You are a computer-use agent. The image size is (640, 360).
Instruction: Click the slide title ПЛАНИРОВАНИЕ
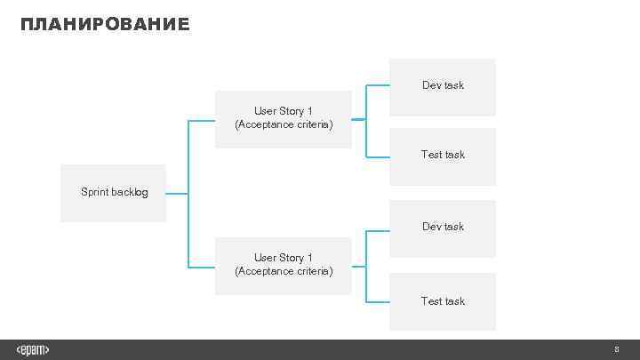105,24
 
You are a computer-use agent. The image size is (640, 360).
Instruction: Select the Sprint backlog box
113,193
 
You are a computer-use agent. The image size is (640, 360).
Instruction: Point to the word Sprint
95,192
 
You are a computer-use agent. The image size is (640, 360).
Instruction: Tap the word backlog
130,192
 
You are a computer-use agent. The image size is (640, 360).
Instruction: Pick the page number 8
616,349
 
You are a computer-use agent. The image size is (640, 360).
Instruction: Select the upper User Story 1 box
284,118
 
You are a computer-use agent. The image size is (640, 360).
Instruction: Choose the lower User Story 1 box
284,265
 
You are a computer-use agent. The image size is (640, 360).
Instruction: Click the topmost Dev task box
443,86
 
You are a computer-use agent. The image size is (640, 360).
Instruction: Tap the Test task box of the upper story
443,156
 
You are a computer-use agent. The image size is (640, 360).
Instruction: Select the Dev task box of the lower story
443,228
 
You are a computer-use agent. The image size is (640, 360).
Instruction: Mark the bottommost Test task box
443,301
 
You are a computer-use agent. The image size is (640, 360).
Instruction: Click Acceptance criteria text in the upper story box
284,124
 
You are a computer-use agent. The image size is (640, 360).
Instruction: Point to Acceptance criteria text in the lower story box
284,271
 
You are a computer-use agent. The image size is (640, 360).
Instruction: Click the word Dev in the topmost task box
431,85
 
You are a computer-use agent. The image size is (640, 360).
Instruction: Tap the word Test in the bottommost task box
431,301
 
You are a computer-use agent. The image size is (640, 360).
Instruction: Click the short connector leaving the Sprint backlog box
177,193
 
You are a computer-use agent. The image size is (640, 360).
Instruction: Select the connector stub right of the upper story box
358,119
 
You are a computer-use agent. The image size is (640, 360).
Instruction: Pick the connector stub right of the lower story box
358,265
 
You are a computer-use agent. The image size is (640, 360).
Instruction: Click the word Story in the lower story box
292,258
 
